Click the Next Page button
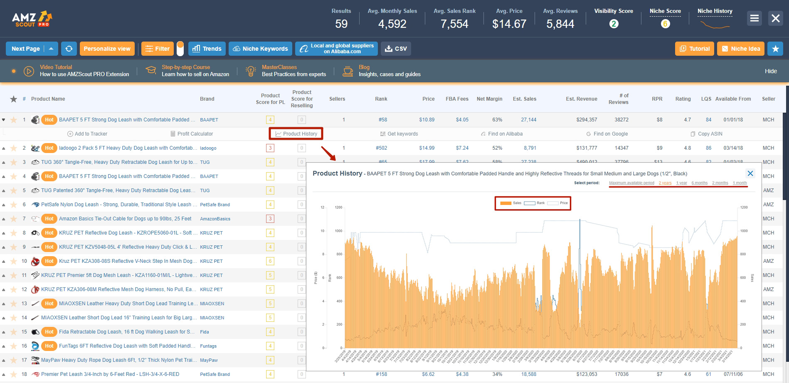coord(25,49)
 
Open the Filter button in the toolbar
coord(158,49)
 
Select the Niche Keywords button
coord(260,49)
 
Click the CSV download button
coord(396,49)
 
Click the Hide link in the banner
coord(771,71)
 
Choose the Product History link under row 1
coord(296,134)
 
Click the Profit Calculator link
coord(192,134)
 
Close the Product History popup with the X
coord(750,173)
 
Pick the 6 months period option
coord(700,183)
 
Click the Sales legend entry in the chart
coord(512,203)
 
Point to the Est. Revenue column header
coord(581,99)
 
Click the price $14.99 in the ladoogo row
coord(427,148)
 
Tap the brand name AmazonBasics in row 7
coord(215,219)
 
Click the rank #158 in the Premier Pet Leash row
coord(381,374)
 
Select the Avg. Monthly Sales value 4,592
coord(392,24)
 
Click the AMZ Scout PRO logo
coord(32,19)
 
